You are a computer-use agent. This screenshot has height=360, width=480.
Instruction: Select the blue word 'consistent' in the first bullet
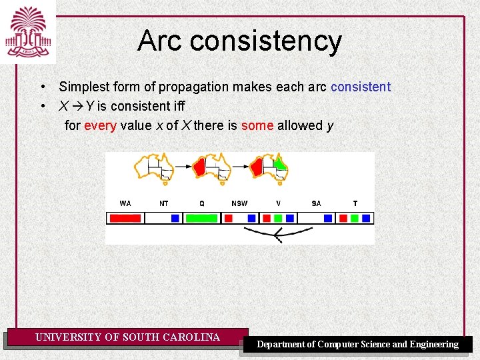[360, 87]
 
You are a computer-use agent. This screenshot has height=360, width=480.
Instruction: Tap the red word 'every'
[100, 125]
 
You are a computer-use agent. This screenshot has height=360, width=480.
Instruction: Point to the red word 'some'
[257, 125]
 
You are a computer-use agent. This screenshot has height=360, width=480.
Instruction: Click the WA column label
[125, 203]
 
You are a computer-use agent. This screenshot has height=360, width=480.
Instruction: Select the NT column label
[164, 203]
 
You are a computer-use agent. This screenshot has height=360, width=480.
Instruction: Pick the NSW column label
[239, 203]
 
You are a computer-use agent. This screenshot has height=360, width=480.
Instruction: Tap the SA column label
[316, 203]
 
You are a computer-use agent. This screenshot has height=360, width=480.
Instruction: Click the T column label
[355, 203]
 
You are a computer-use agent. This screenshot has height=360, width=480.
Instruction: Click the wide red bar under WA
[125, 218]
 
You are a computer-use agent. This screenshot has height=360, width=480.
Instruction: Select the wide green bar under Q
[201, 218]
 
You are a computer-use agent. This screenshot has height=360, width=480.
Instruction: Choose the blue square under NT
[175, 218]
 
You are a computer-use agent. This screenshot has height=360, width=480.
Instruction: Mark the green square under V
[278, 218]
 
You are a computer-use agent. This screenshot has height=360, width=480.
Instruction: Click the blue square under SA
[328, 218]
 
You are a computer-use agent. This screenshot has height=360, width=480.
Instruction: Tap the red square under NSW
[227, 218]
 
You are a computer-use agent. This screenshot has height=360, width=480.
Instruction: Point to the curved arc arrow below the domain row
[278, 233]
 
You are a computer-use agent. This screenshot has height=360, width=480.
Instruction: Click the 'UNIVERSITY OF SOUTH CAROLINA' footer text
[127, 337]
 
